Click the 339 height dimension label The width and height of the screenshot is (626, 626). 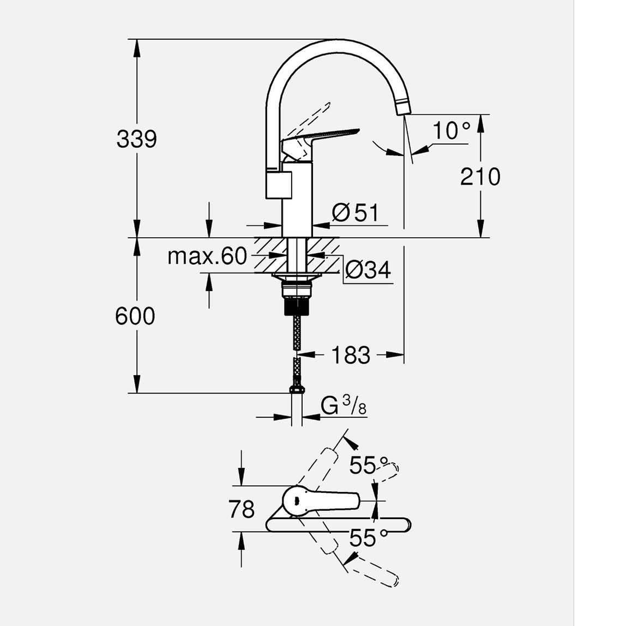136,139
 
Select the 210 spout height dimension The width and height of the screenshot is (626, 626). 480,177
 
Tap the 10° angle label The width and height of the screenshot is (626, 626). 451,131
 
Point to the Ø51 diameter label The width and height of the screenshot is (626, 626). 356,212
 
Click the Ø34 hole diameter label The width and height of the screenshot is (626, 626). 368,269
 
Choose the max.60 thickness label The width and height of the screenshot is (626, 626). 207,256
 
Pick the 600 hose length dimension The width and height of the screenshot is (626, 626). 135,316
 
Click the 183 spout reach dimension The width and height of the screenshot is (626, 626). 350,355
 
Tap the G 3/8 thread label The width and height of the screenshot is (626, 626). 343,406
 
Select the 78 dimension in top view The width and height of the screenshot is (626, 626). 242,509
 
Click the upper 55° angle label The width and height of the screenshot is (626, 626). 370,465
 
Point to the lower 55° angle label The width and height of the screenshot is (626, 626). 370,539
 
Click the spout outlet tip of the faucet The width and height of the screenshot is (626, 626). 403,108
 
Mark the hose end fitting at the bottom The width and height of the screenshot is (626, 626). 296,389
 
